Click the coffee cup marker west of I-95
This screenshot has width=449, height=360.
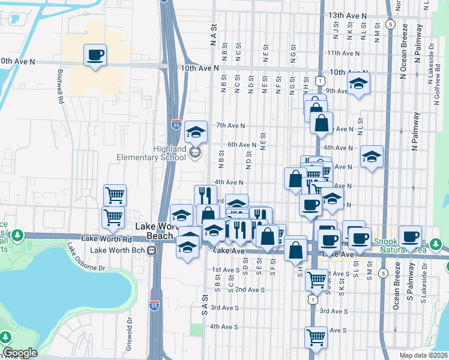point(95,56)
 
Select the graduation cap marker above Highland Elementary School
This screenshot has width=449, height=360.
point(196,132)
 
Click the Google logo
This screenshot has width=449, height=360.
point(19,352)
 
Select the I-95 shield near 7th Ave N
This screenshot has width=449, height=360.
point(176,124)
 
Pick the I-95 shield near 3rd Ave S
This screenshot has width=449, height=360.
point(154,305)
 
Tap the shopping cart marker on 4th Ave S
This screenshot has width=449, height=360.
point(316,337)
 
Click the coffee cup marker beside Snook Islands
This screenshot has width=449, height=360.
point(411,236)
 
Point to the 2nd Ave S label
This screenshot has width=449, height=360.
point(250,289)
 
